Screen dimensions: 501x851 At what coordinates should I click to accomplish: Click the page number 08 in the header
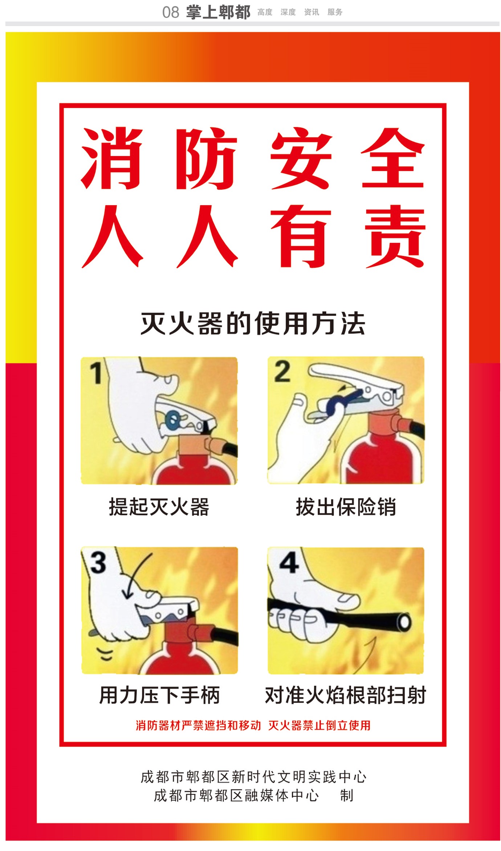click(170, 12)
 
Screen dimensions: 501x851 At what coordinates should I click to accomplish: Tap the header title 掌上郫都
click(218, 12)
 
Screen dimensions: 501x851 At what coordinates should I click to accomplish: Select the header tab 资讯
click(311, 12)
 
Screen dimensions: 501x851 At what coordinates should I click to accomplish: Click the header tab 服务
click(335, 12)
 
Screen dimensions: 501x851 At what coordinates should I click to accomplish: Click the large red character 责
click(395, 236)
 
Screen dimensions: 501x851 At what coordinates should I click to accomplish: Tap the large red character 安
click(301, 158)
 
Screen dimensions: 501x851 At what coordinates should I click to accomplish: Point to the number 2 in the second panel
click(282, 371)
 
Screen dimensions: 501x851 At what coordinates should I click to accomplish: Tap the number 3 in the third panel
click(98, 563)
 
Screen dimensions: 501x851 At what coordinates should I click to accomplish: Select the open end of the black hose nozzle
click(404, 622)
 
